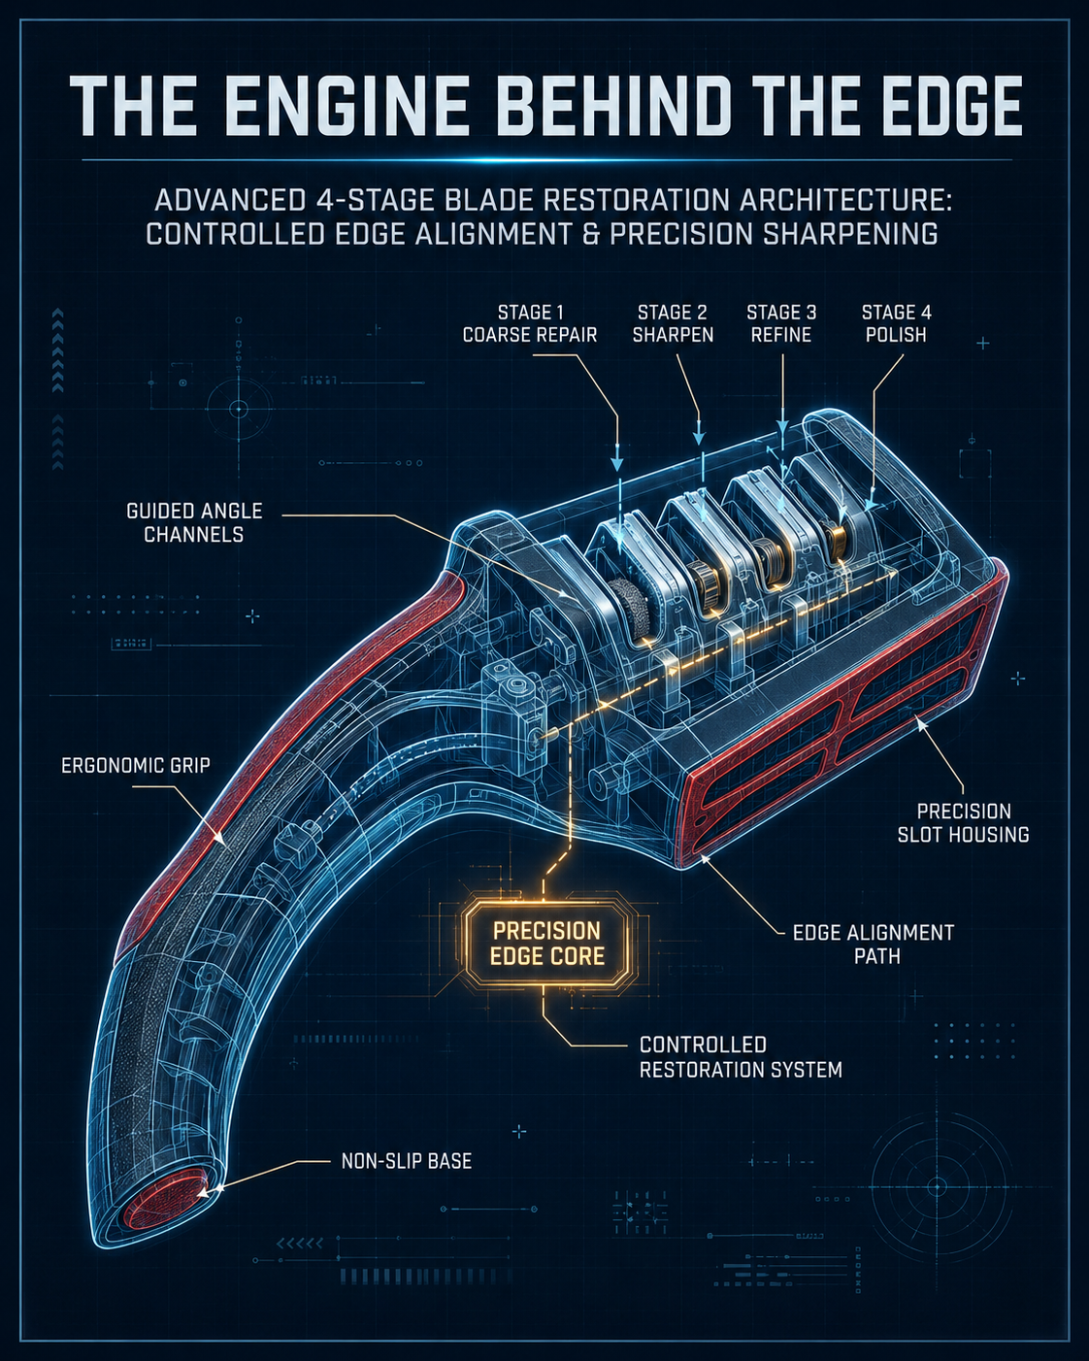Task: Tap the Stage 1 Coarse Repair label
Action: point(530,323)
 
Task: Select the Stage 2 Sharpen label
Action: point(673,323)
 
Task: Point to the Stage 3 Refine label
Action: point(781,323)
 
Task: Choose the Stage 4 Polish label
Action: point(896,323)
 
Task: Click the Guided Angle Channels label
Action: point(194,522)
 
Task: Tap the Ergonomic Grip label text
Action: point(135,765)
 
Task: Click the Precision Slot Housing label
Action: point(963,822)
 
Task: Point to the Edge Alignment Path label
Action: point(874,944)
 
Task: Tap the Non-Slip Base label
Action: point(407,1161)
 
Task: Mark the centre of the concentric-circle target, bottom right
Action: point(937,1186)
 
